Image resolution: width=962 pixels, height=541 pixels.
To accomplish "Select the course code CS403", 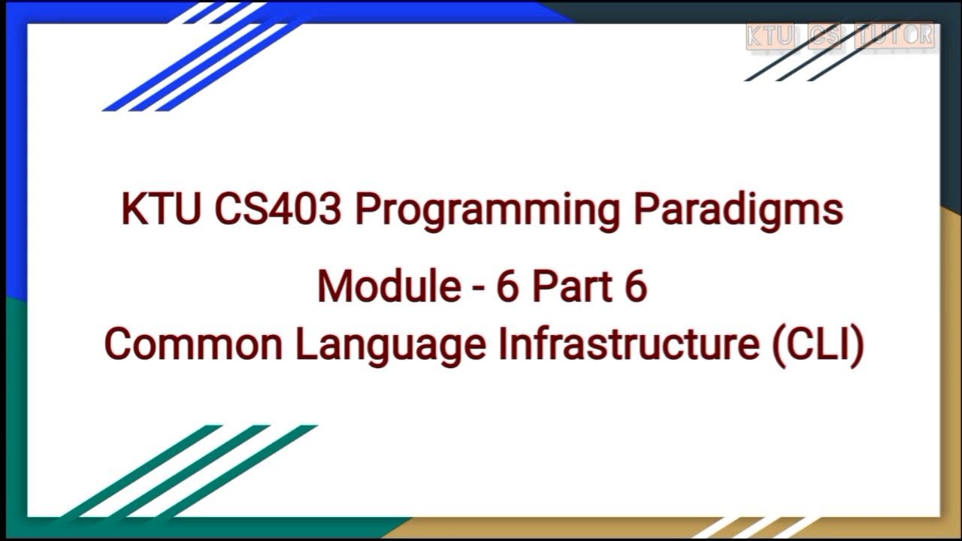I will pos(277,210).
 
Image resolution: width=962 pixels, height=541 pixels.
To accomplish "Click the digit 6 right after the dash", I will pos(507,286).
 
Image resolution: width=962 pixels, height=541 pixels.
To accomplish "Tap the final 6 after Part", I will pos(635,286).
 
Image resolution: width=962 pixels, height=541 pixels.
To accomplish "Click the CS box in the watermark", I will pos(826,36).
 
